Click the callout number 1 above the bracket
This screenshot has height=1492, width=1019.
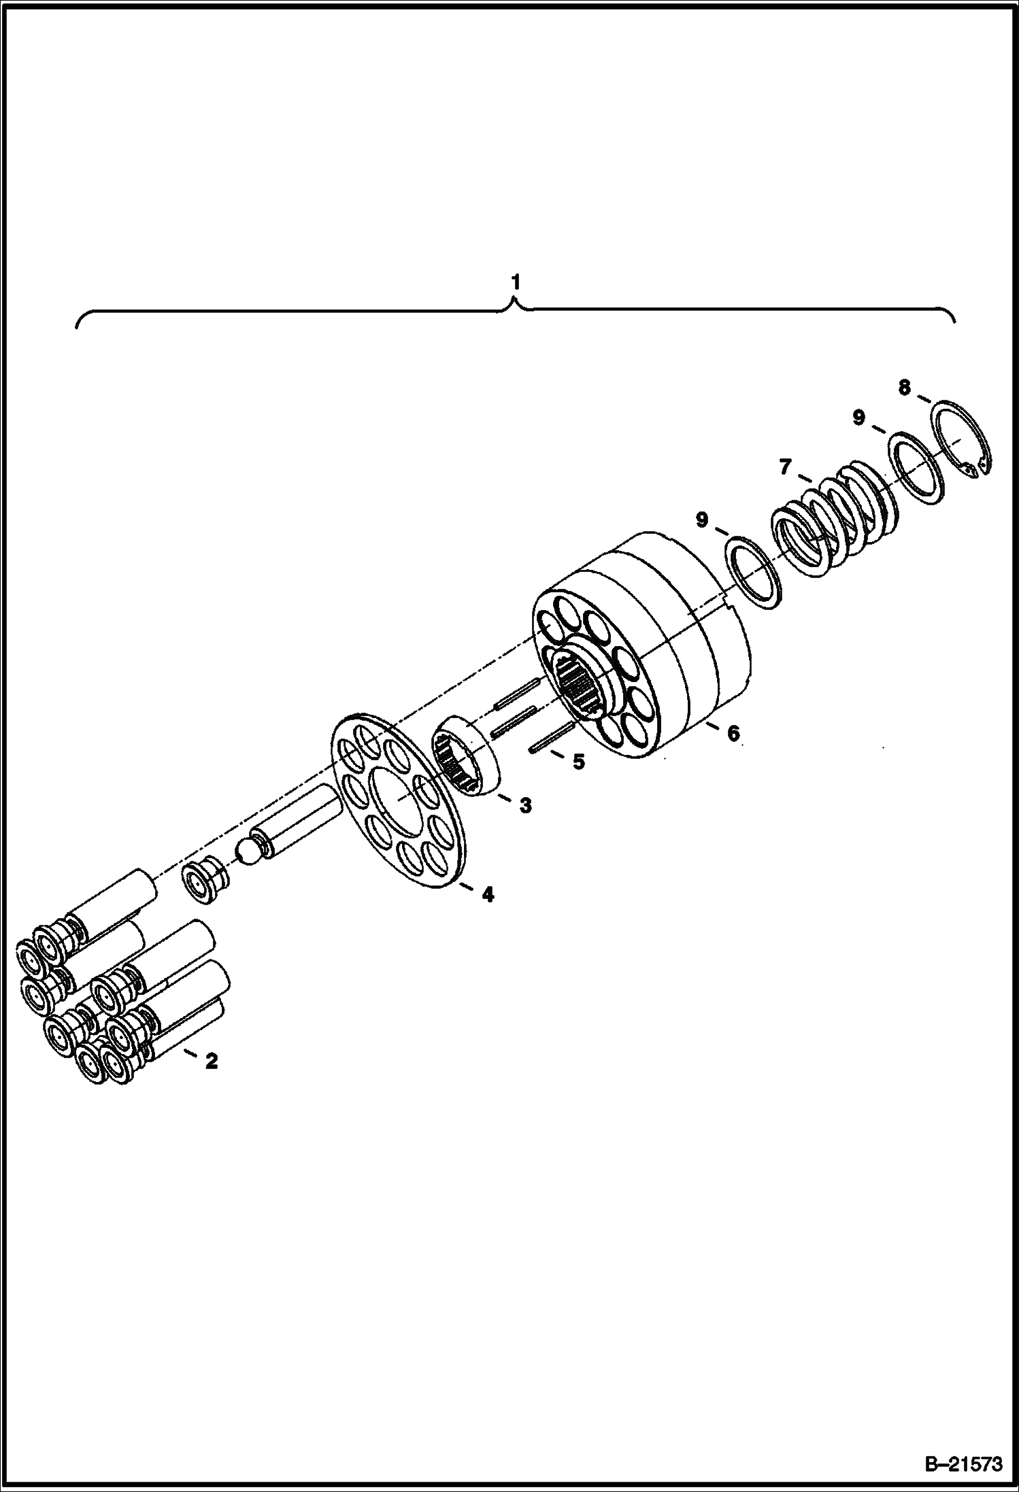(516, 282)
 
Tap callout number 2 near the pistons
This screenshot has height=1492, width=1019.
(212, 1060)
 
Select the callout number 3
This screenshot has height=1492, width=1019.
(525, 806)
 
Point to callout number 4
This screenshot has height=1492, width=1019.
(487, 894)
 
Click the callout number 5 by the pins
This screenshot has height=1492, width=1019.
(578, 762)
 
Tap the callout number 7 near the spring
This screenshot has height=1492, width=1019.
(786, 467)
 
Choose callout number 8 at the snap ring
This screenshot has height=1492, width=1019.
(904, 388)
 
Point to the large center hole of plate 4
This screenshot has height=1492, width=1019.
(399, 801)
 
